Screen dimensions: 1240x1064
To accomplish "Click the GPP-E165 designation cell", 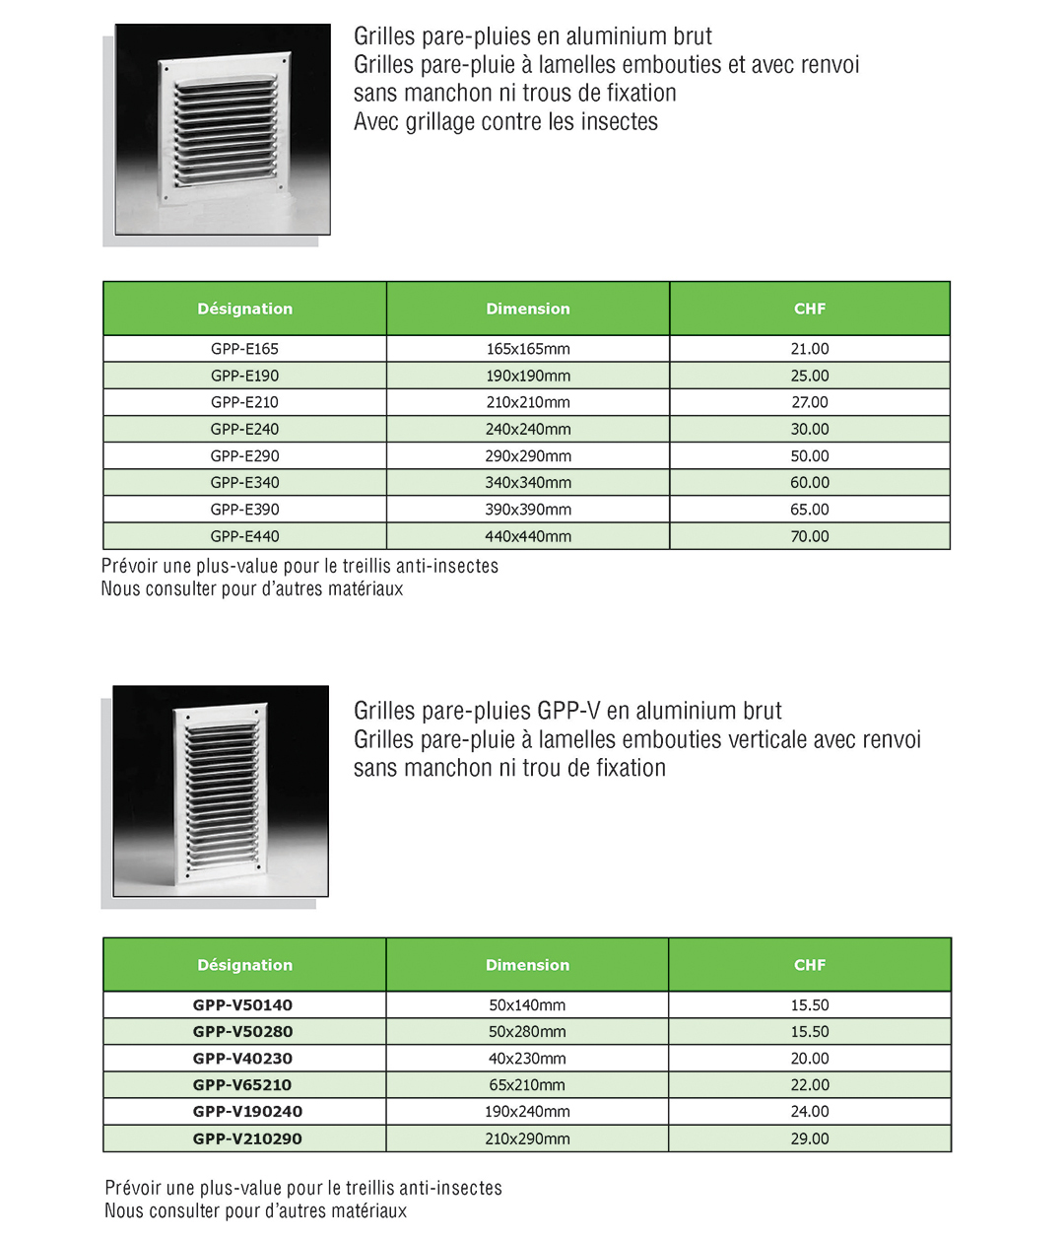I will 244,349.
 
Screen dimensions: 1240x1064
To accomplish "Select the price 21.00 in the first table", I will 809,349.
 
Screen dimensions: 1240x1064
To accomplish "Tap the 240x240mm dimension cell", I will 527,429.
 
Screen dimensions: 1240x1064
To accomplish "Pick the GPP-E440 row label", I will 244,536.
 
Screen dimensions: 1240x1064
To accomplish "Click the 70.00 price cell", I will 809,536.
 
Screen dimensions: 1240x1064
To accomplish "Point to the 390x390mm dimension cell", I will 527,510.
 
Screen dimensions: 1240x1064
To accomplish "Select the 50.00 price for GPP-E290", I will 809,455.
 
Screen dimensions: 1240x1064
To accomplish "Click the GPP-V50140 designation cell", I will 242,1005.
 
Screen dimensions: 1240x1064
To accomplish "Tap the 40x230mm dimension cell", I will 527,1059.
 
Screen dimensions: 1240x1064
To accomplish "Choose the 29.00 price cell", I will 809,1138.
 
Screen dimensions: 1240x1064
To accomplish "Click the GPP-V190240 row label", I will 247,1112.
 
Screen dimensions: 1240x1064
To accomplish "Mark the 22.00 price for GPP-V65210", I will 809,1085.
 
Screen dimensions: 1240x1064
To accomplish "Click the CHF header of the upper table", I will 809,309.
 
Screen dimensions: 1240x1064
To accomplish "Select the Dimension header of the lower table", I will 527,965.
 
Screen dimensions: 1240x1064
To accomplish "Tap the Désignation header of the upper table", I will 244,309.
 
